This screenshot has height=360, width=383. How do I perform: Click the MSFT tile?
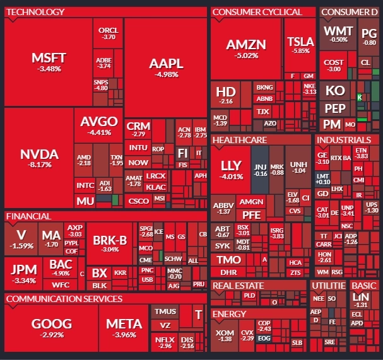click(x=48, y=62)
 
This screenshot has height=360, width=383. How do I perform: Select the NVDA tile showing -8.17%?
click(x=38, y=158)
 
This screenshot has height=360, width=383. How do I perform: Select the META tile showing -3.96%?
click(x=124, y=328)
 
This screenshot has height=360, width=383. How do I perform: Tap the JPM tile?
click(x=23, y=272)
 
